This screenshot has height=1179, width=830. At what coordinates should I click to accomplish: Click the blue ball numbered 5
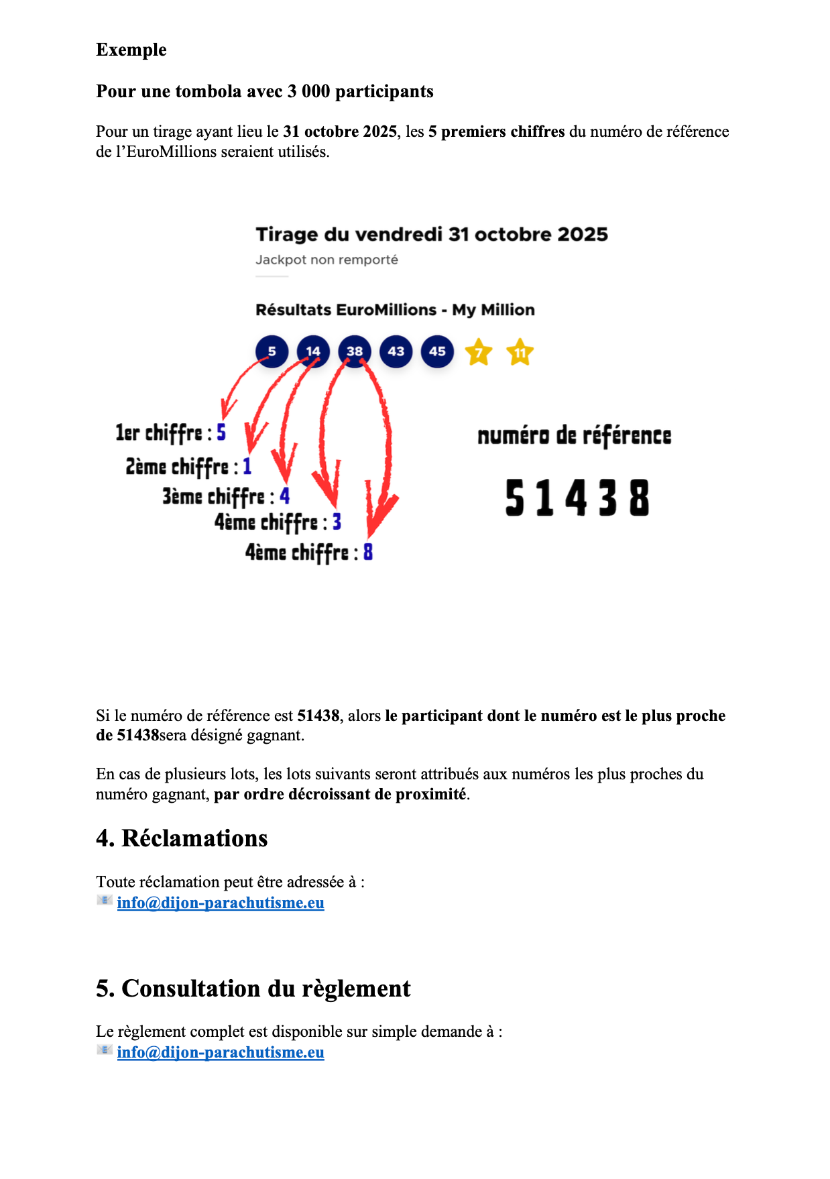[x=272, y=351]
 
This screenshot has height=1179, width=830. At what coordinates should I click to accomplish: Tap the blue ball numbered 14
[x=313, y=351]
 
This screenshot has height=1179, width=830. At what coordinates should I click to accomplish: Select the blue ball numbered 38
[x=355, y=351]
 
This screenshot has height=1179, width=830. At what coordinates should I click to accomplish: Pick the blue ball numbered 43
[x=396, y=351]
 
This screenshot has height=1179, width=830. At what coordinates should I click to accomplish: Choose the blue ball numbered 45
[x=437, y=351]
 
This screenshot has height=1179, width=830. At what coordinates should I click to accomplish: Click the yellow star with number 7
[x=479, y=352]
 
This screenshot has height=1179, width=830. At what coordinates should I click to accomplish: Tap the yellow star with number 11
[x=520, y=352]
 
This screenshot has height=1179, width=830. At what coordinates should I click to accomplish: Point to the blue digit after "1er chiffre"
[x=221, y=433]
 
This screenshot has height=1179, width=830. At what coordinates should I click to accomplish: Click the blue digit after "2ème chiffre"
[x=247, y=466]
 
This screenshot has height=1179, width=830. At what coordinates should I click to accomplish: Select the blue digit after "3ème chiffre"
[x=285, y=496]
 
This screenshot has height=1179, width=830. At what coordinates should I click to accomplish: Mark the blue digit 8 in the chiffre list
[x=368, y=552]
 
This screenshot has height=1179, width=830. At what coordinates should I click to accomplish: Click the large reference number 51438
[x=577, y=498]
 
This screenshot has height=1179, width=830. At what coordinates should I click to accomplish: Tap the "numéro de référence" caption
[x=575, y=436]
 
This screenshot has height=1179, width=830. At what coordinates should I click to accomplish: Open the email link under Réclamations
[x=221, y=903]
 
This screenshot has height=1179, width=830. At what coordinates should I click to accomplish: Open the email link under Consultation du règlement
[x=221, y=1052]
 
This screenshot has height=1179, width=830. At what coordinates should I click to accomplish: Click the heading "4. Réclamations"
[x=182, y=838]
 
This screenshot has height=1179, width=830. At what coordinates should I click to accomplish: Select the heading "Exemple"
[x=131, y=50]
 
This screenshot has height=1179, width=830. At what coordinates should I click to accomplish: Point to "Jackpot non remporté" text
[x=327, y=260]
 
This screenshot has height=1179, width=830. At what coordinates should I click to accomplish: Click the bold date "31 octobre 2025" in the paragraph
[x=340, y=131]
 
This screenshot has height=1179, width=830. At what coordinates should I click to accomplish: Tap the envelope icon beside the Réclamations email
[x=104, y=900]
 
